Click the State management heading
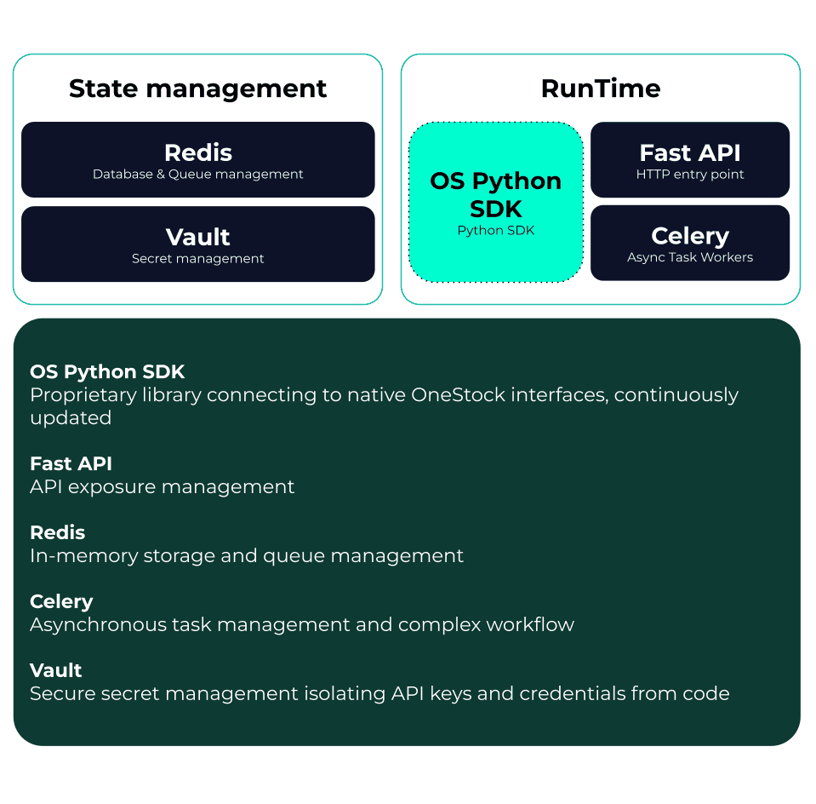click(197, 89)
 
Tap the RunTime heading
click(600, 89)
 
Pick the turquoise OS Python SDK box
click(495, 202)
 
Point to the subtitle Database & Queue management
click(197, 175)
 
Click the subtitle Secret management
click(197, 259)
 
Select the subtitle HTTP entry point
click(689, 175)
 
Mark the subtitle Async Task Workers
click(689, 257)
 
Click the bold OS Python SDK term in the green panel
click(107, 372)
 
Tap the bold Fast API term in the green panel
click(71, 464)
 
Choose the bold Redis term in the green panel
click(57, 533)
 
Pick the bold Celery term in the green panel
click(61, 602)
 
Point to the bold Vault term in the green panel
click(55, 670)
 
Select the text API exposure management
click(162, 487)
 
